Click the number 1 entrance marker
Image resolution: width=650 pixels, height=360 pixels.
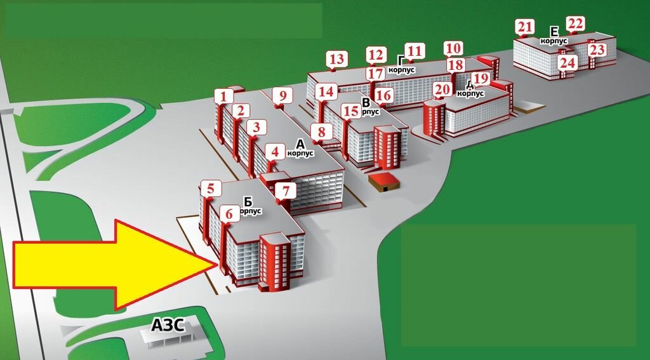pos(223,96)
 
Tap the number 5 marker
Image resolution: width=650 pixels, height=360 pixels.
pos(211,188)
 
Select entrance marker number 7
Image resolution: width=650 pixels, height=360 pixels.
pos(286,190)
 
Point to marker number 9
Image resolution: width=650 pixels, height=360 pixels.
pos(283,96)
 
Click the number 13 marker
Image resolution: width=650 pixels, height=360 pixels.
pos(337,60)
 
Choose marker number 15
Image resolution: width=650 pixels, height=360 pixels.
pos(351,110)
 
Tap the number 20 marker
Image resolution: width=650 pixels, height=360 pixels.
pos(442,90)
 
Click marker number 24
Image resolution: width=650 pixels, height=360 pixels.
pos(567,63)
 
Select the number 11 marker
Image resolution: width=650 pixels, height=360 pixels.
pos(415,51)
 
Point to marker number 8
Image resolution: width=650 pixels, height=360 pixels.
pos(322,132)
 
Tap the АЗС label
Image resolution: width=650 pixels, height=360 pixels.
pos(168,326)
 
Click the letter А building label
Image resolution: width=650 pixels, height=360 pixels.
pos(300,143)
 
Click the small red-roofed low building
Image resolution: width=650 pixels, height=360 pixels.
pos(384,182)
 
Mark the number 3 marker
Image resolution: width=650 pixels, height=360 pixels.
pos(256,128)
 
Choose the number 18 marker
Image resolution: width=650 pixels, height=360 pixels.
pos(456,65)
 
